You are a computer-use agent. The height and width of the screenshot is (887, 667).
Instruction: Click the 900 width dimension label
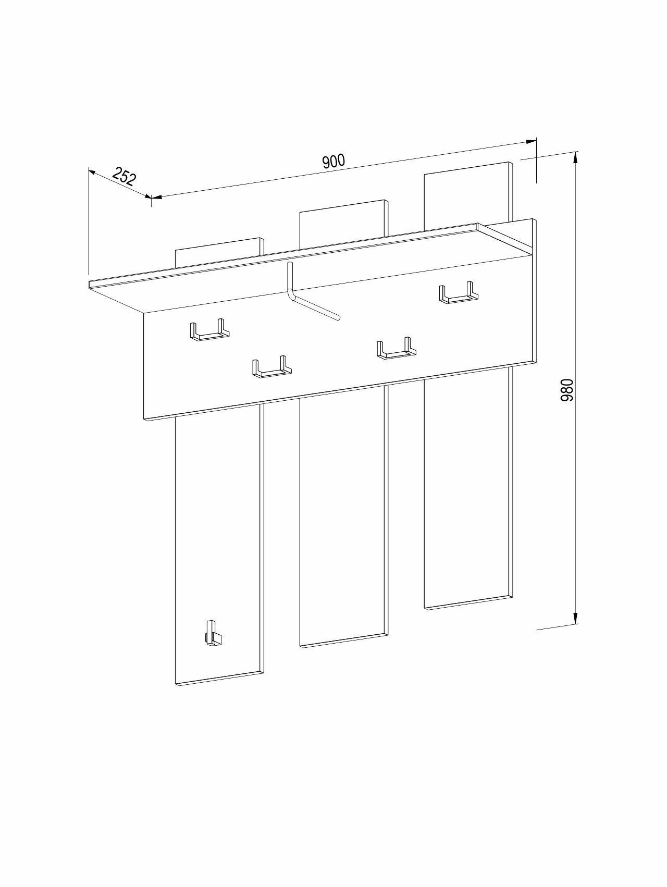tap(333, 161)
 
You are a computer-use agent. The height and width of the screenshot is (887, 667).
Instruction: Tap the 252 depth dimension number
tap(124, 176)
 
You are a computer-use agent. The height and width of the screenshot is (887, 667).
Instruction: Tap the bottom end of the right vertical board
tap(468, 601)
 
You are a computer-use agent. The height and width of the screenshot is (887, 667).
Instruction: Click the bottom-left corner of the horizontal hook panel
tap(143, 420)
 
